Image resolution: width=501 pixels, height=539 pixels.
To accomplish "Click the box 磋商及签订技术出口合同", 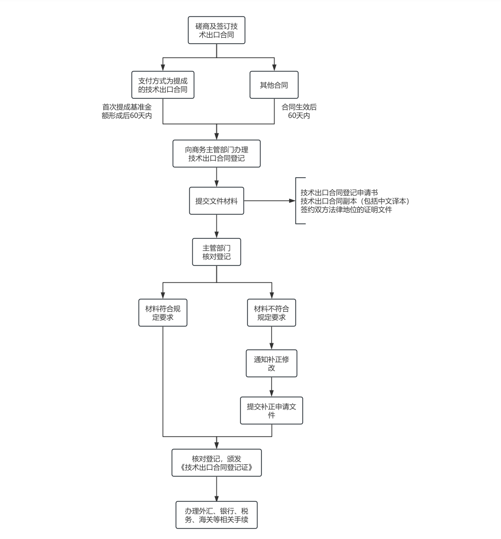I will click(x=216, y=30).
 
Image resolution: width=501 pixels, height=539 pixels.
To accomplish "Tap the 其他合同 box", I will click(x=274, y=85).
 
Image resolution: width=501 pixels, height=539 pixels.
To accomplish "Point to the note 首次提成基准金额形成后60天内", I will click(x=127, y=111).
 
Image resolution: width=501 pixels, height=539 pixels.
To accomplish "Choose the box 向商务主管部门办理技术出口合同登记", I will click(x=216, y=154).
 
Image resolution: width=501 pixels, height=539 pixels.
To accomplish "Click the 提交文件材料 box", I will click(x=216, y=201).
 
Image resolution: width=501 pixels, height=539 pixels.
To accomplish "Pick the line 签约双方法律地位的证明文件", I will click(x=346, y=210).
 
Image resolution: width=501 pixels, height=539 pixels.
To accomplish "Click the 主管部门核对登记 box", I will click(x=216, y=252).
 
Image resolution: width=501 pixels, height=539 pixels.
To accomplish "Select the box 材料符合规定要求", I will click(x=163, y=313).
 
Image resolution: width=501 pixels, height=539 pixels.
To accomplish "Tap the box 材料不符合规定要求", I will click(x=272, y=313).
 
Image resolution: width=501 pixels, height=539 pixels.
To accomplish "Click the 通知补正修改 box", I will click(x=272, y=363).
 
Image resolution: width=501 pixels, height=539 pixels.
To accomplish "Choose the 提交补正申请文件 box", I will click(x=272, y=411).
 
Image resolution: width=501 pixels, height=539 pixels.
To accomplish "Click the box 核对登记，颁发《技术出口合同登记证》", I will click(x=216, y=463).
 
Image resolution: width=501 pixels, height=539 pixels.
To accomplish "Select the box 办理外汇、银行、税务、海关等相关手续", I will click(x=216, y=515).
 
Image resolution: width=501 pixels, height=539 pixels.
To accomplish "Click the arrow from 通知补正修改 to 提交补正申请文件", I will click(x=272, y=387).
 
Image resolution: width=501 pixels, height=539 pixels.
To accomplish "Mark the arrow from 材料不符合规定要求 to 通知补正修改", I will click(x=272, y=338).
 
